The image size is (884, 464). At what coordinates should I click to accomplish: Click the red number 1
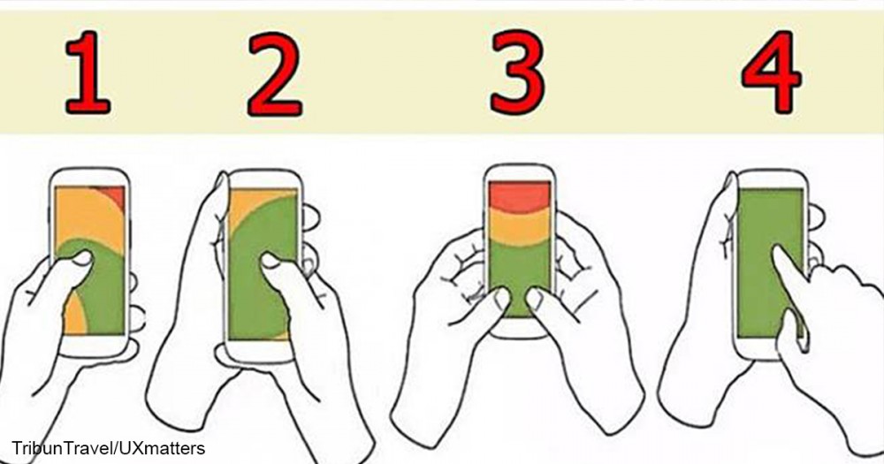[x=88, y=73]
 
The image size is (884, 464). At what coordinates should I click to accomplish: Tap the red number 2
[x=275, y=74]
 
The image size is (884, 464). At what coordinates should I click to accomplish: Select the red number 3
[x=517, y=73]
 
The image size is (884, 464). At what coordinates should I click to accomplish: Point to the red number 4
[x=771, y=72]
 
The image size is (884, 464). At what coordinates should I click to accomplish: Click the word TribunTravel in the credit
[x=62, y=449]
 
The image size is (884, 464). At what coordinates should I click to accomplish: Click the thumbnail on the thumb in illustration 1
[x=81, y=259]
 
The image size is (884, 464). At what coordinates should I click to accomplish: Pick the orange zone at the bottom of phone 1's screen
[x=75, y=317]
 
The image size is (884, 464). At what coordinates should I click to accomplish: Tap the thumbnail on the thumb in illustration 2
[x=271, y=260]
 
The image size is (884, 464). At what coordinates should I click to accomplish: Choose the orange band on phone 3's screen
[x=519, y=226]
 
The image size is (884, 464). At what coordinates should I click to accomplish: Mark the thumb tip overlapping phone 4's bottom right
[x=796, y=322]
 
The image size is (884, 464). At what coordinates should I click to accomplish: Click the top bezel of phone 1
[x=89, y=177]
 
